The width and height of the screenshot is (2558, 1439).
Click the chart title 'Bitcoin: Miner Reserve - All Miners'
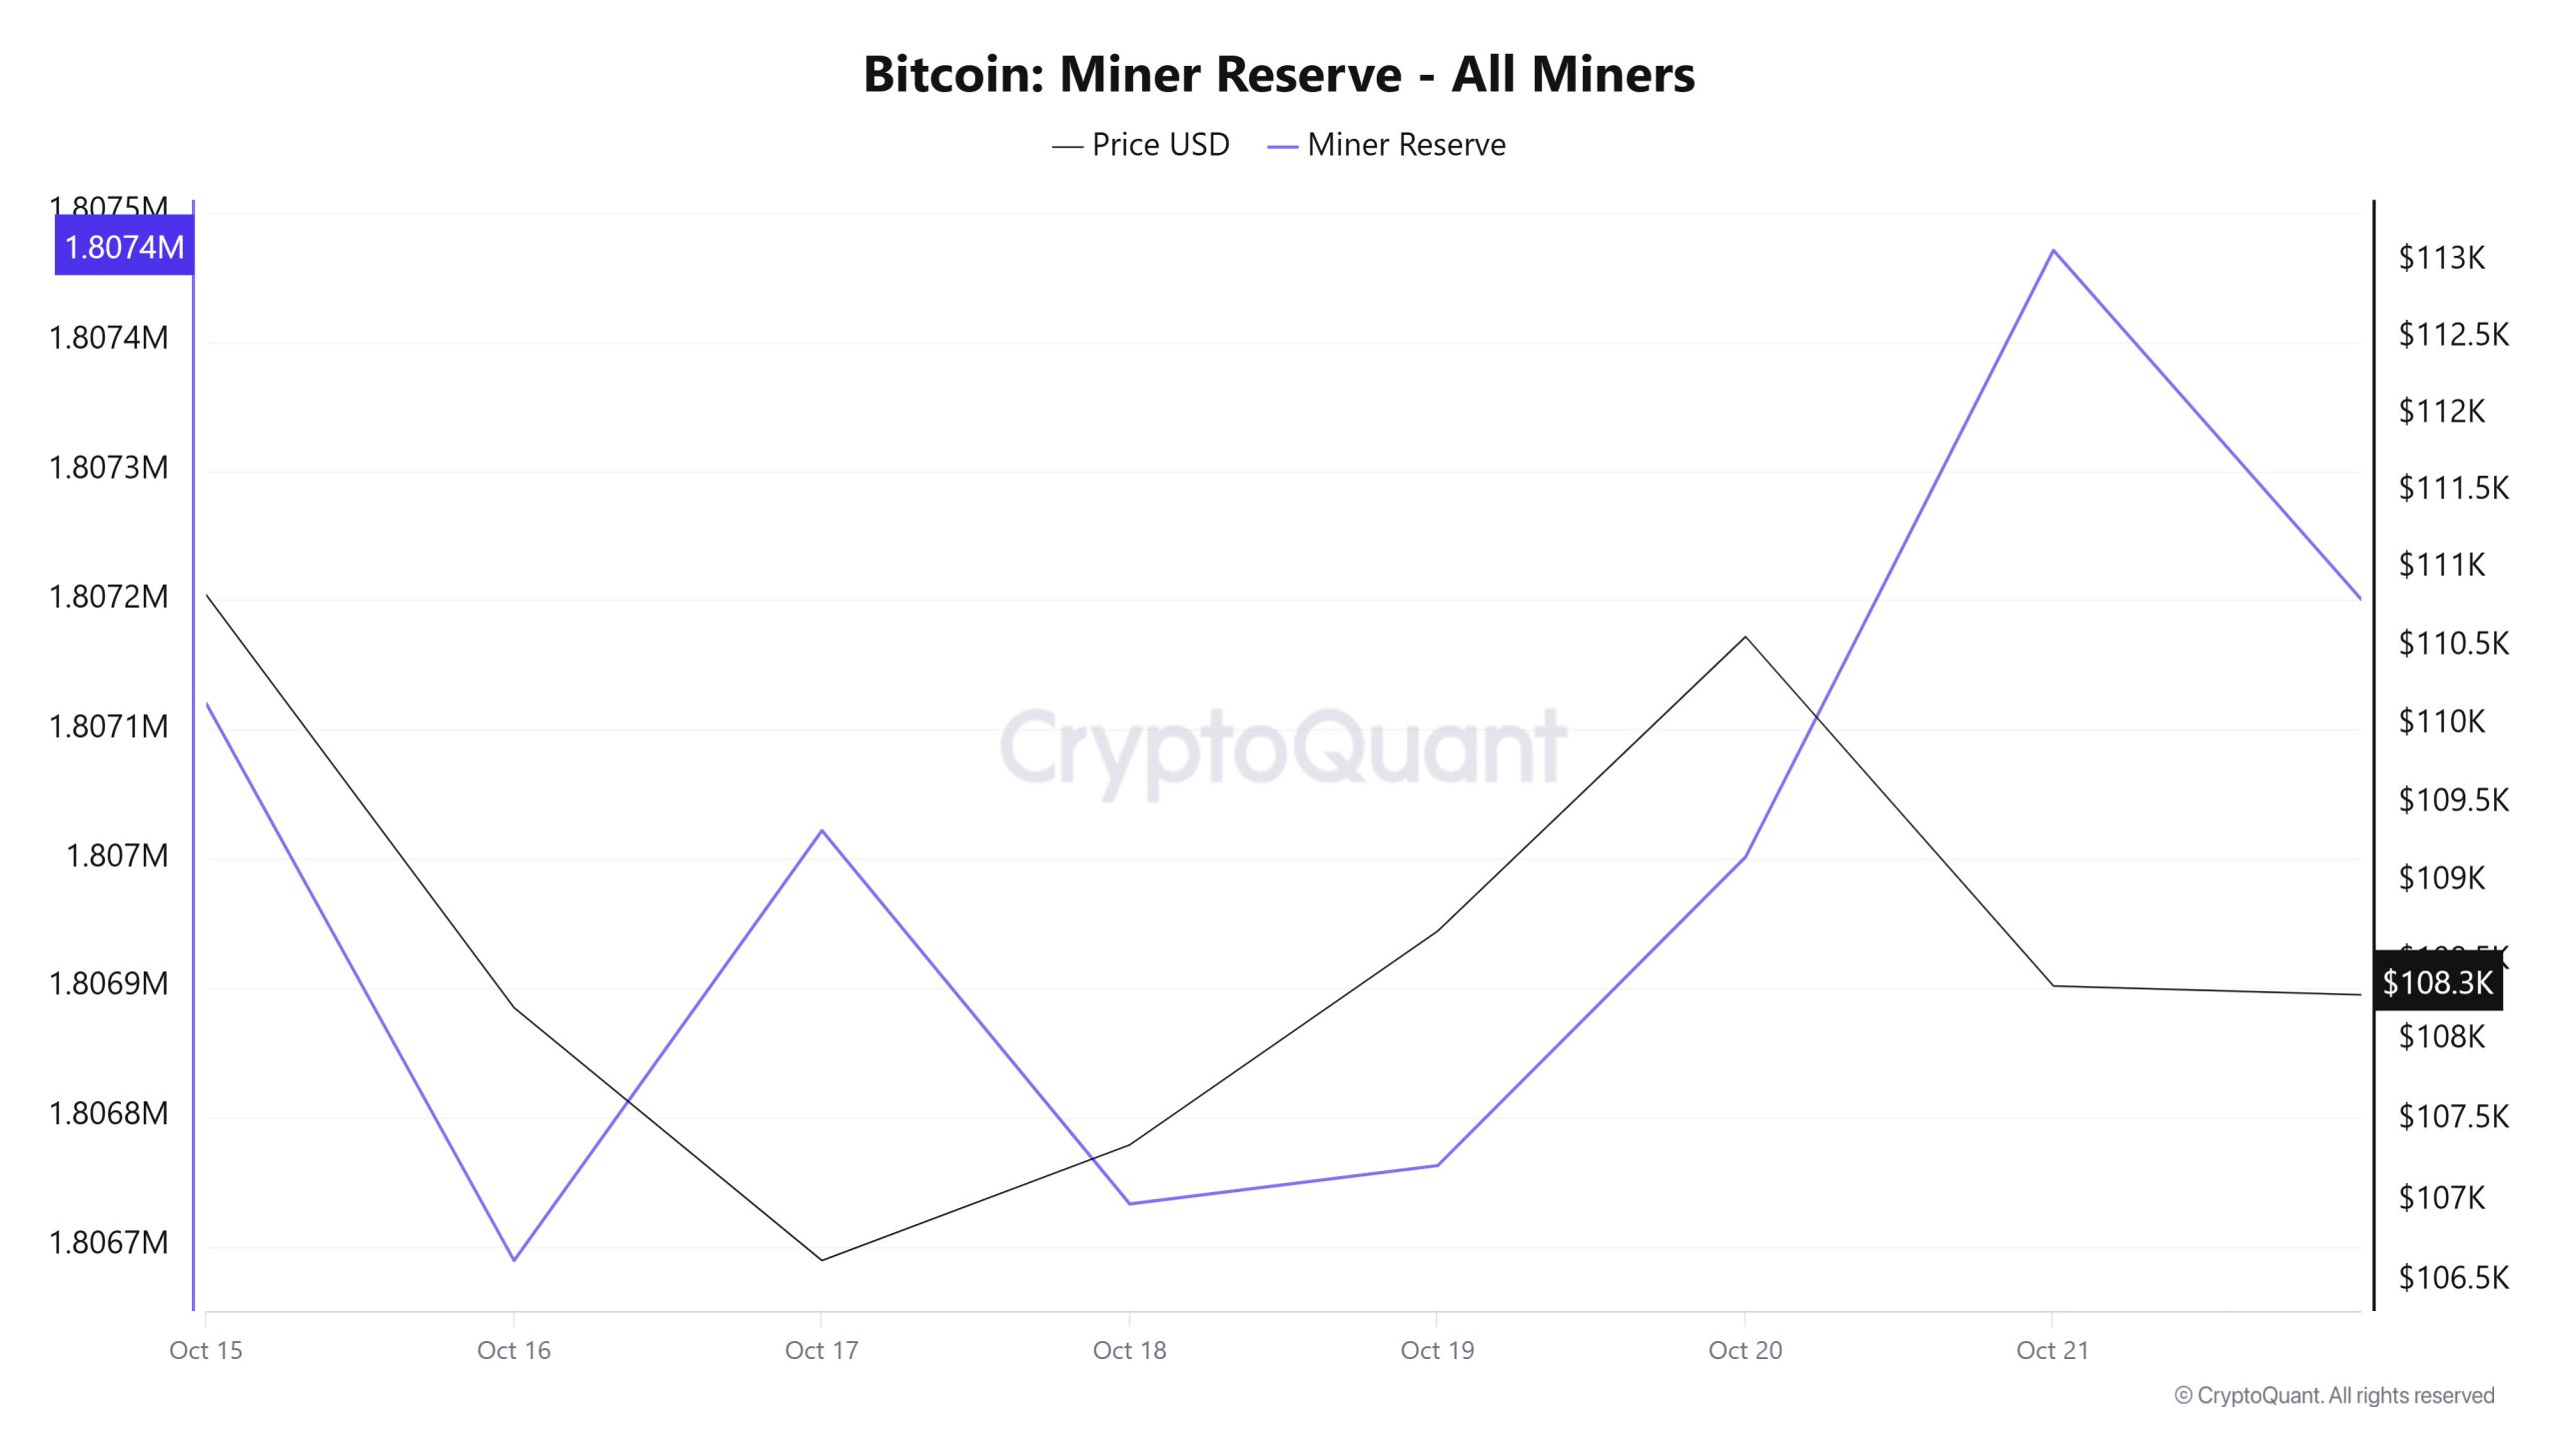(1279, 74)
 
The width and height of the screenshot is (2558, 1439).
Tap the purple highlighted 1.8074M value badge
(124, 247)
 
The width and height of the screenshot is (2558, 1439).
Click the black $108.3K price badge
(2437, 982)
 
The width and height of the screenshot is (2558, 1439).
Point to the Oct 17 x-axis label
(821, 1350)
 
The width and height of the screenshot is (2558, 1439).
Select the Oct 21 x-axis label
(2052, 1350)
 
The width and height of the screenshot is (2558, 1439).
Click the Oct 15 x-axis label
(206, 1350)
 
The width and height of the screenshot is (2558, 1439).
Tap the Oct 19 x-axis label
(1437, 1350)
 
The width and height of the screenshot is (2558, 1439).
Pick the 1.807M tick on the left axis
(117, 855)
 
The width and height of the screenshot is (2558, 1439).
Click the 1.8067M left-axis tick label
(109, 1242)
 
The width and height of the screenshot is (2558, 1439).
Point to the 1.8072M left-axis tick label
(109, 597)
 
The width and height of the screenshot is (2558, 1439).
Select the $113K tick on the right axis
(2441, 258)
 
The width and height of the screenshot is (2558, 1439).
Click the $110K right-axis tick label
(2441, 720)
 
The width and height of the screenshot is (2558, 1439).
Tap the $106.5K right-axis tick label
(2453, 1277)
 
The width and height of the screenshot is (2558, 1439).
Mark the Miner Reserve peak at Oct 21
(2052, 250)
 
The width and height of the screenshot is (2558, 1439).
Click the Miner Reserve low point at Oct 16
(514, 1260)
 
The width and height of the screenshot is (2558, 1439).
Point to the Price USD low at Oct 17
(821, 1260)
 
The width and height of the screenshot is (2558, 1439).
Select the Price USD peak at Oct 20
(1745, 637)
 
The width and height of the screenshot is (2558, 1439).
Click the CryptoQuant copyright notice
(2334, 1395)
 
